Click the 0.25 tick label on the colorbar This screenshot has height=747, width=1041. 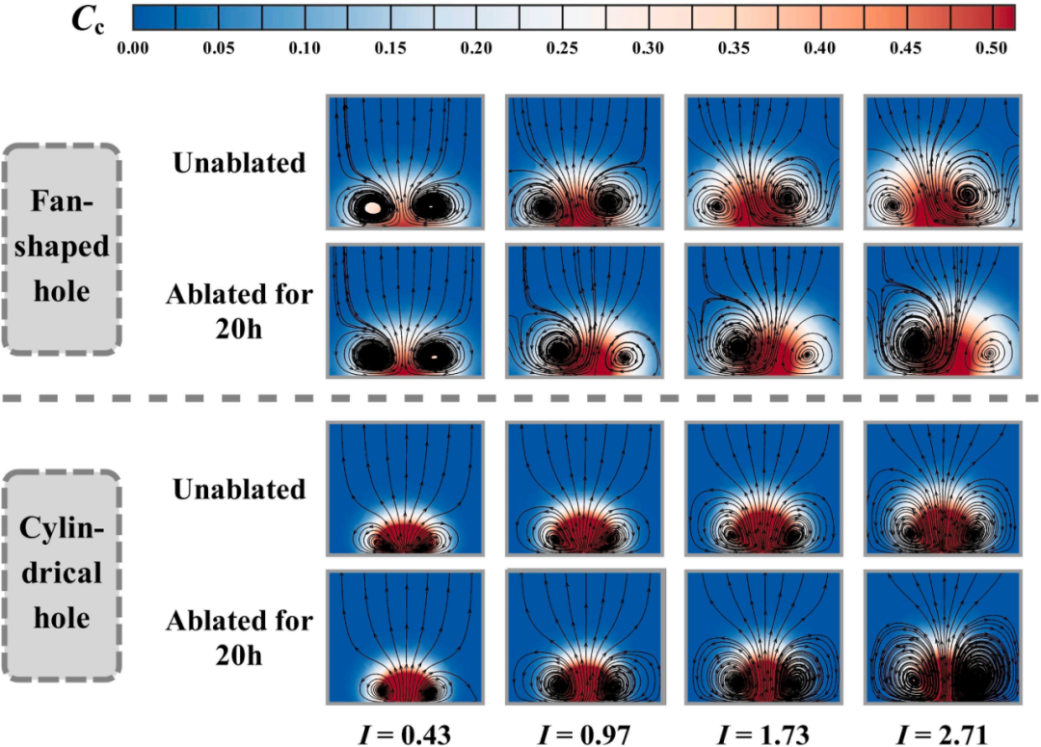(562, 48)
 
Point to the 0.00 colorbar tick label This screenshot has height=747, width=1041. (133, 48)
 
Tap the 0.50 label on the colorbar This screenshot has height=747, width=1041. (991, 48)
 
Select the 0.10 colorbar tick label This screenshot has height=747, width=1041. (305, 48)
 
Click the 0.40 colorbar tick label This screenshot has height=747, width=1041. (819, 48)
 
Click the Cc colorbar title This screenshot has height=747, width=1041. (88, 20)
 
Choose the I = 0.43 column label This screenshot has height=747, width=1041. (405, 734)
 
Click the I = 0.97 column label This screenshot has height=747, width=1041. (584, 734)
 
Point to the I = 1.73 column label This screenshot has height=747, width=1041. (763, 734)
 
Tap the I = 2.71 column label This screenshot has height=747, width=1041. (943, 734)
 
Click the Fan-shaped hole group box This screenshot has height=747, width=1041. (62, 247)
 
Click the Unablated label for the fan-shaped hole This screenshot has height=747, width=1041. (239, 163)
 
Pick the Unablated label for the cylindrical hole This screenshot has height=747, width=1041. (239, 490)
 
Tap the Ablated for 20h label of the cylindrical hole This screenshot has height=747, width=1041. (239, 638)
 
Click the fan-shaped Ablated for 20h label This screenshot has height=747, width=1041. (239, 311)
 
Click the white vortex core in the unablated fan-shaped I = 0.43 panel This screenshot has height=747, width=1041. (373, 208)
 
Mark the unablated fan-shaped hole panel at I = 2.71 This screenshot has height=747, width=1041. (943, 162)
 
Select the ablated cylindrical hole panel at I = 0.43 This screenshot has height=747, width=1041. (405, 637)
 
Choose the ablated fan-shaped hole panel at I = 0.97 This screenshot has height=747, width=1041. (584, 310)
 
